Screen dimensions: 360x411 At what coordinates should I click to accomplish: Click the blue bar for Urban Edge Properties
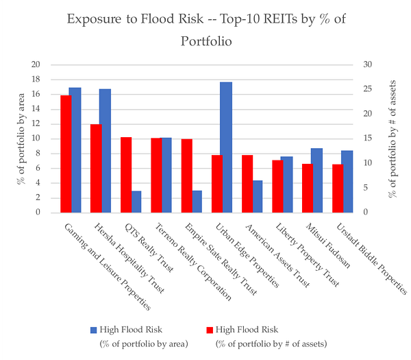tap(226, 147)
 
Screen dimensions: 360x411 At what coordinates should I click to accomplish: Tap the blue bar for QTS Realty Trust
tap(136, 202)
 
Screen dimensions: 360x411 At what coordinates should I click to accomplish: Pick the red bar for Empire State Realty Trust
tap(187, 176)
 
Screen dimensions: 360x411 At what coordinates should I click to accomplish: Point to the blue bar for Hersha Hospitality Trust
tap(105, 151)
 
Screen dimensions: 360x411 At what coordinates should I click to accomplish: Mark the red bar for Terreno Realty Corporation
tap(155, 176)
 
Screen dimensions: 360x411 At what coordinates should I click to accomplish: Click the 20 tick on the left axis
tap(36, 64)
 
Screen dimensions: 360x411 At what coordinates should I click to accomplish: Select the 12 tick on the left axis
tap(36, 123)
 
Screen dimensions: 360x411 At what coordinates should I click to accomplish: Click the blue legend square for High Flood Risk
tap(92, 330)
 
